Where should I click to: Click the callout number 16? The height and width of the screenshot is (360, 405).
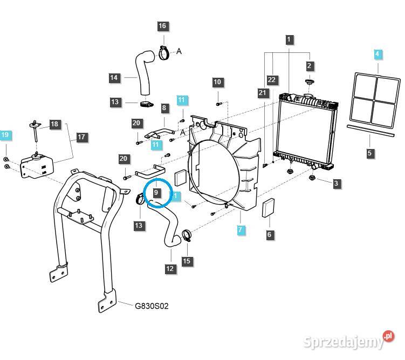click(162, 26)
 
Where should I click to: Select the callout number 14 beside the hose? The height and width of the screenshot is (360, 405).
click(114, 78)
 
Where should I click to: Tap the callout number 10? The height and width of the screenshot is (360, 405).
click(217, 82)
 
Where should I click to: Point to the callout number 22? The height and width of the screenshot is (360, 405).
click(271, 79)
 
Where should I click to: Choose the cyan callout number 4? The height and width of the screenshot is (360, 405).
click(378, 54)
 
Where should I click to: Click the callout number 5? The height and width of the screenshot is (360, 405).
click(369, 153)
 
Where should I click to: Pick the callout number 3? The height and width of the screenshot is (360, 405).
click(336, 184)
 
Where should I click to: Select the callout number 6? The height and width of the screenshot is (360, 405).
click(269, 234)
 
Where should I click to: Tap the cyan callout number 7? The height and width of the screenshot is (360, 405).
click(241, 230)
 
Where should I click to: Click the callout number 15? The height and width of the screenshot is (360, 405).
click(187, 261)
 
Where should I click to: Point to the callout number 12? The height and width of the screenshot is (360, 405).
click(170, 268)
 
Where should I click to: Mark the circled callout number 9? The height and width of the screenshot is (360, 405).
click(156, 192)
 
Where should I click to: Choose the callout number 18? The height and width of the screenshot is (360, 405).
click(54, 124)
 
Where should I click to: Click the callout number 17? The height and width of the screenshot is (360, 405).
click(81, 137)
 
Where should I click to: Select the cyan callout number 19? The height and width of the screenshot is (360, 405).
click(5, 134)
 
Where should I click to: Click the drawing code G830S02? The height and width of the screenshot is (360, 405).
click(152, 306)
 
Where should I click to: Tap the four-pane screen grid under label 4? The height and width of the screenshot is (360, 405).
click(375, 97)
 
